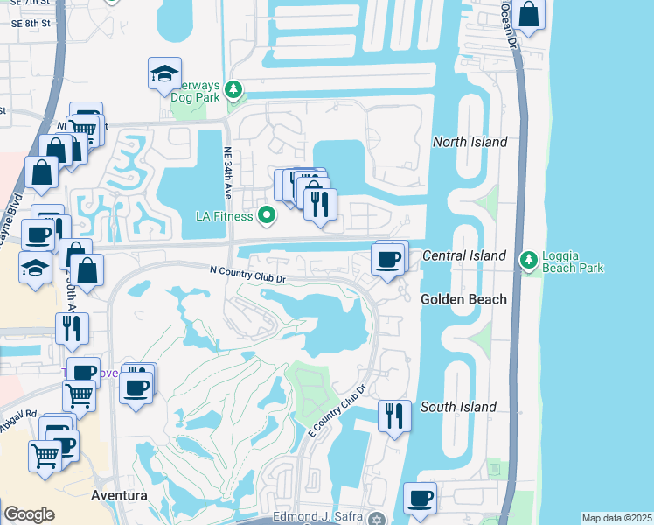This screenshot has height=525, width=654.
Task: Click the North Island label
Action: [470, 142]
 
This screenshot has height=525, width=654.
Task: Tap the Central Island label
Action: [463, 255]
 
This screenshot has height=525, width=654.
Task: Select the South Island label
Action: [458, 407]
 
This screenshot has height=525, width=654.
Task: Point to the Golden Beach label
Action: [463, 299]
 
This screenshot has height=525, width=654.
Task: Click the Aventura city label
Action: [118, 495]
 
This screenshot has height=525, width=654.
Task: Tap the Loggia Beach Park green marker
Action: [527, 260]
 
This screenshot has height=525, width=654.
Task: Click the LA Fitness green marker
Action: [268, 215]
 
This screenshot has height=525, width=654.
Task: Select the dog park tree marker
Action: [233, 89]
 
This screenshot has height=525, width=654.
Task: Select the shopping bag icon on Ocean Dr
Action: [529, 15]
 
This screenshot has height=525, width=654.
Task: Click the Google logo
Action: [29, 514]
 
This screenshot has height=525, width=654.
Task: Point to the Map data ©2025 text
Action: [616, 518]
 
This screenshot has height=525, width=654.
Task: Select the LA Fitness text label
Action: [225, 216]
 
